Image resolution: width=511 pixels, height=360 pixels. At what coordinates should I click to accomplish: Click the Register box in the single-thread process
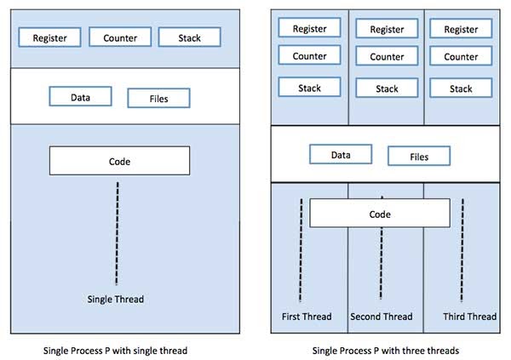(x=55, y=37)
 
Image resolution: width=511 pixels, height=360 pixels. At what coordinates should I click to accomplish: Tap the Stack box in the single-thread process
(x=191, y=37)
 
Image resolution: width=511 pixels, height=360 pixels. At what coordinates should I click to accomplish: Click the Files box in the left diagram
(x=158, y=98)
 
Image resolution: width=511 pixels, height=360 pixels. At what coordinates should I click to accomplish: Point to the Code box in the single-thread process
(x=119, y=161)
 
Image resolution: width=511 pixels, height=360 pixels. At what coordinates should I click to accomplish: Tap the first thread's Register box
(x=309, y=28)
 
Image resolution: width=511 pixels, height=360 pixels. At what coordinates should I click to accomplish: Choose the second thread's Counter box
(x=387, y=57)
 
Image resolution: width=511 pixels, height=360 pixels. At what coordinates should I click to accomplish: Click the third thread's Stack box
(x=461, y=89)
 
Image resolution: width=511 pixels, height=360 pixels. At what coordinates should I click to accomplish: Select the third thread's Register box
(x=461, y=28)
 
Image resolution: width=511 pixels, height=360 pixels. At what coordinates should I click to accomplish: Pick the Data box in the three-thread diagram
(x=341, y=155)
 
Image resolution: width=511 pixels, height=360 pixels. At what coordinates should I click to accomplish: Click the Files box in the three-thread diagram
(x=419, y=156)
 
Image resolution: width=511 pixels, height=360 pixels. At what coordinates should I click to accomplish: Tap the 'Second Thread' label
(x=381, y=317)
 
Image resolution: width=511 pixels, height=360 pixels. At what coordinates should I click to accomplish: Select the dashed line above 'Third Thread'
(x=462, y=252)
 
